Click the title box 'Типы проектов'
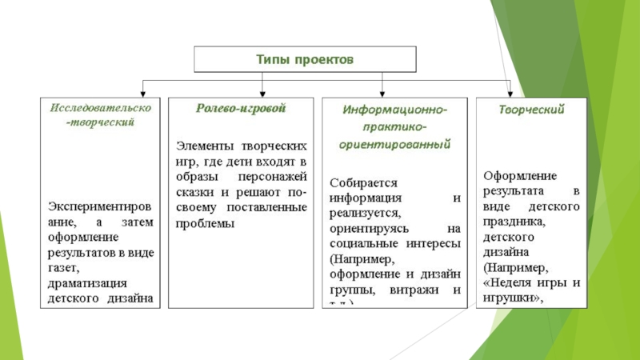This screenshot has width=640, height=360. point(304,60)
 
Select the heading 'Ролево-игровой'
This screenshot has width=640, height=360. point(230,108)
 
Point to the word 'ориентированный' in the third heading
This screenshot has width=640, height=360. point(395,145)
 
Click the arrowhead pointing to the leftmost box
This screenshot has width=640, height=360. point(144,91)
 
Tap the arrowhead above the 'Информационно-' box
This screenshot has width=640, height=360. point(384,91)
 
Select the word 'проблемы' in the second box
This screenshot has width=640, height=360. point(204,223)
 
